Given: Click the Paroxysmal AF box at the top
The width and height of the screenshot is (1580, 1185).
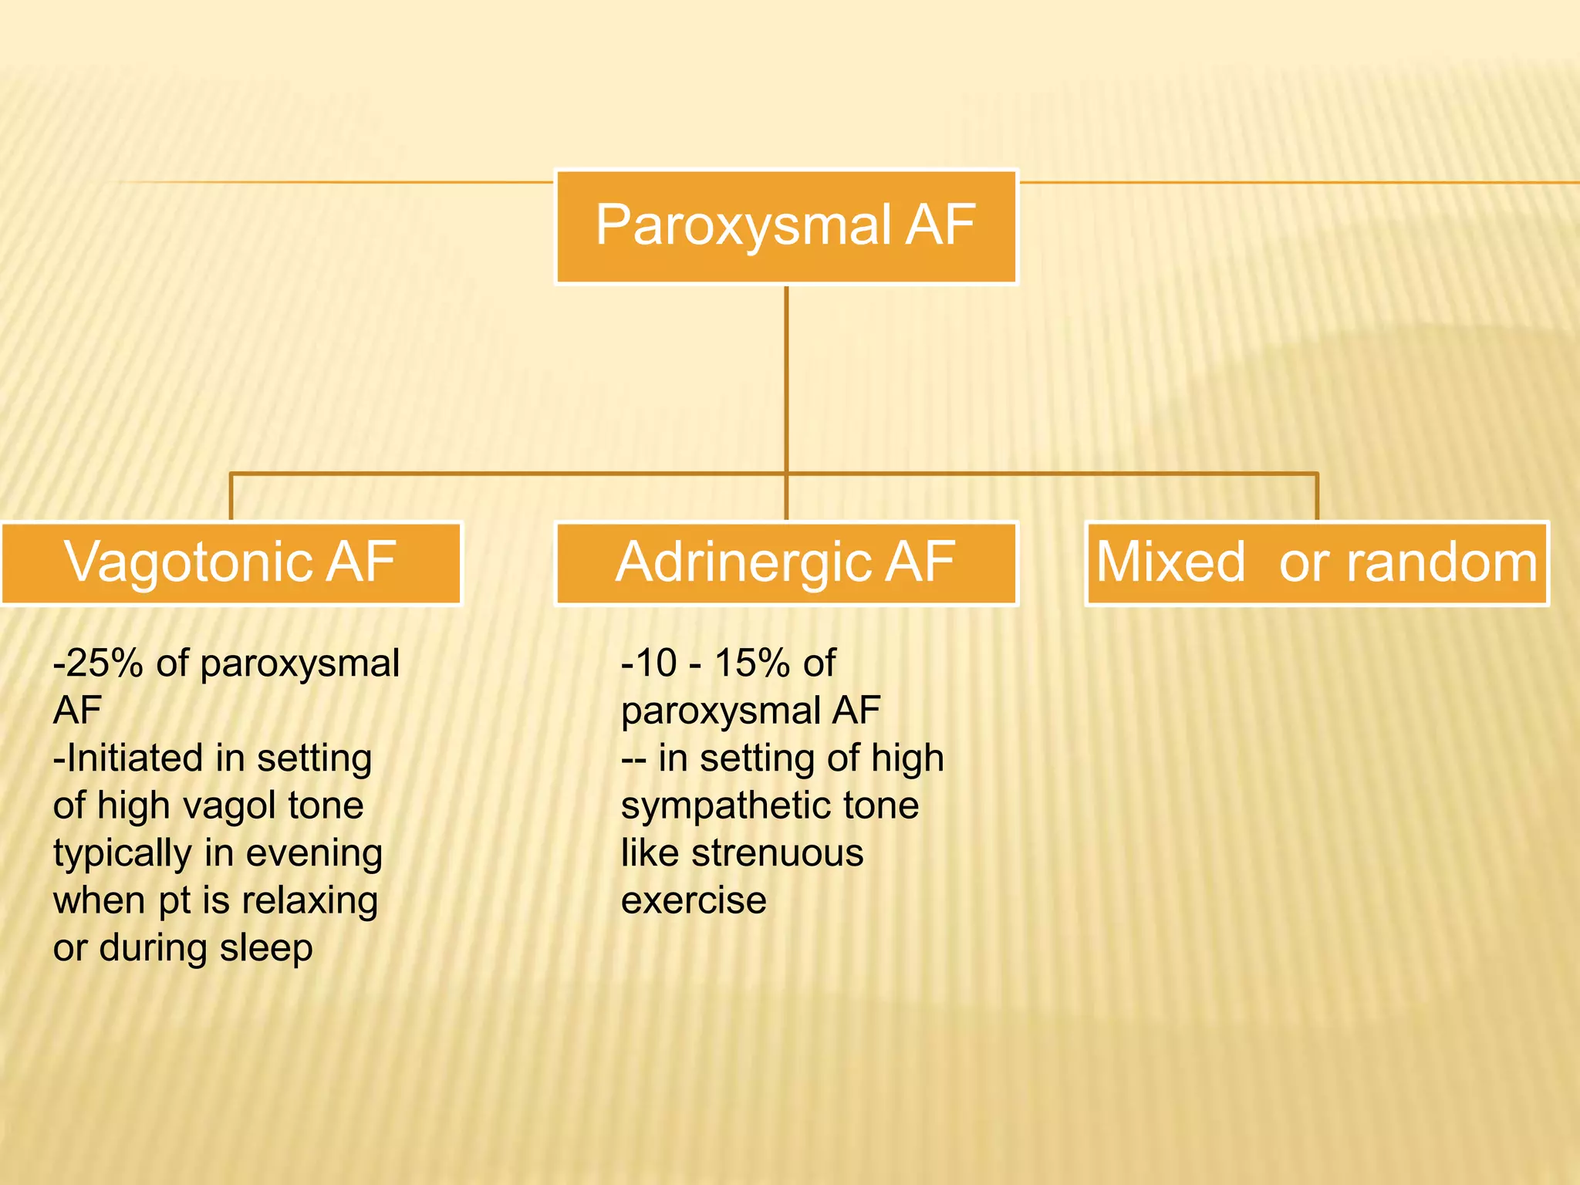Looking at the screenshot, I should pyautogui.click(x=786, y=227).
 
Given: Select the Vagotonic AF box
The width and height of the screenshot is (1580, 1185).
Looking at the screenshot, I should pyautogui.click(x=231, y=563).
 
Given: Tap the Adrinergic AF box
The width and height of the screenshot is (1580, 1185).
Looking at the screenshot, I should pyautogui.click(x=786, y=563).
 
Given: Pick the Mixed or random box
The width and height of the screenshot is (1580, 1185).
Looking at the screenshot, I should pyautogui.click(x=1316, y=563).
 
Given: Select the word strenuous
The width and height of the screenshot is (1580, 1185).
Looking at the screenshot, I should pyautogui.click(x=777, y=853).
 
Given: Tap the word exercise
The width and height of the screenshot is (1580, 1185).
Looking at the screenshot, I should pyautogui.click(x=694, y=901).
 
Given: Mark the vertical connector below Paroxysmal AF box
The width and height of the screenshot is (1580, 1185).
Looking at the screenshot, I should pyautogui.click(x=786, y=378).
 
